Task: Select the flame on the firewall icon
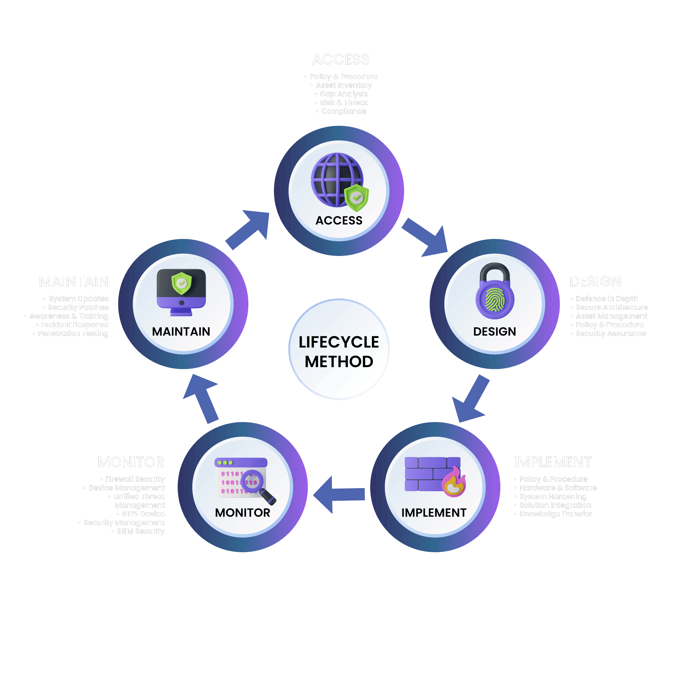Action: click(x=454, y=483)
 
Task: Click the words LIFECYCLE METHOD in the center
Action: click(x=339, y=352)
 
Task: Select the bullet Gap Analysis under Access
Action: click(x=343, y=94)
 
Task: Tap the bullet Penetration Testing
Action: click(x=73, y=333)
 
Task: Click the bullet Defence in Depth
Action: click(x=606, y=299)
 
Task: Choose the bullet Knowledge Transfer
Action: click(x=555, y=514)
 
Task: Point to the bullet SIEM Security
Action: click(x=140, y=531)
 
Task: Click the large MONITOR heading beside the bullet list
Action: click(x=131, y=462)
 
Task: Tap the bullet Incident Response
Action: click(x=75, y=325)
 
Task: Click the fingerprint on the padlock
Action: click(x=495, y=300)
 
